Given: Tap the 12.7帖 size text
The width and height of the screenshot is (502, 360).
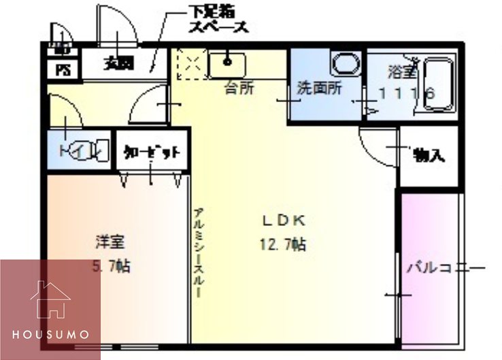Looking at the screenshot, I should tap(282, 244).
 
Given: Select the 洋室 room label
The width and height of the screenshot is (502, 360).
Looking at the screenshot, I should tap(108, 242).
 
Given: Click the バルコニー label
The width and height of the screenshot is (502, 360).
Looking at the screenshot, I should tap(445, 267).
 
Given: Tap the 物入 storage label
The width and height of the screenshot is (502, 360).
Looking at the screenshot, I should tap(429, 155).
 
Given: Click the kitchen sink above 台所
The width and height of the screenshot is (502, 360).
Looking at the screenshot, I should tap(227, 65).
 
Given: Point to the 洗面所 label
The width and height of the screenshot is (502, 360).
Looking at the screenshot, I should tap(318, 88).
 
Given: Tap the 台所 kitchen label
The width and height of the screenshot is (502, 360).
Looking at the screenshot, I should tap(239, 88).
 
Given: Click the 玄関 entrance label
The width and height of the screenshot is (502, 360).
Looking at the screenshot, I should tap(118, 64).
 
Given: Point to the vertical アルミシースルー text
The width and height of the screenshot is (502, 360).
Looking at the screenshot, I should tap(198, 252).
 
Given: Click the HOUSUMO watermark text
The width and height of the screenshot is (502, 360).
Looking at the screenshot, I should tap(50, 335).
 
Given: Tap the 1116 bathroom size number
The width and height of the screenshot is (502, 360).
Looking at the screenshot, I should tap(407, 95).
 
